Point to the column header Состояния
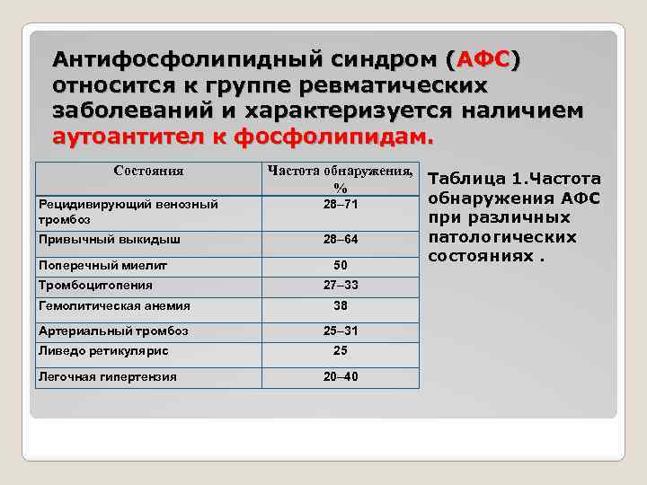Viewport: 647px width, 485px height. tap(148, 171)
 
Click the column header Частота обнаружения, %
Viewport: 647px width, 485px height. tap(340, 179)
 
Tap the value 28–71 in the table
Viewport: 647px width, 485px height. tap(341, 205)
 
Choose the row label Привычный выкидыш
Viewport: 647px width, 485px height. tap(109, 240)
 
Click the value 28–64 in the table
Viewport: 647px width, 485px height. tap(341, 240)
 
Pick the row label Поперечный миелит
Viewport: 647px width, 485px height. tap(102, 265)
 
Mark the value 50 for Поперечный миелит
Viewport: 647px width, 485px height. tap(341, 265)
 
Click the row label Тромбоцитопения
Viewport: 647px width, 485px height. tap(94, 286)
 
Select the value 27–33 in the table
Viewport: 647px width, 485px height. tap(341, 286)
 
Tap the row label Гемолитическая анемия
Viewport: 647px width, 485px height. tap(112, 305)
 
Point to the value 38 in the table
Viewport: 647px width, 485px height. tap(341, 305)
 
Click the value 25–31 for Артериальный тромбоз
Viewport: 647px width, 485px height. tap(341, 331)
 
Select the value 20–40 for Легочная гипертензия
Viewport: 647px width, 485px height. tap(341, 376)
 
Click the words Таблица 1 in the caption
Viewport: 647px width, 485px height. tap(471, 180)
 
